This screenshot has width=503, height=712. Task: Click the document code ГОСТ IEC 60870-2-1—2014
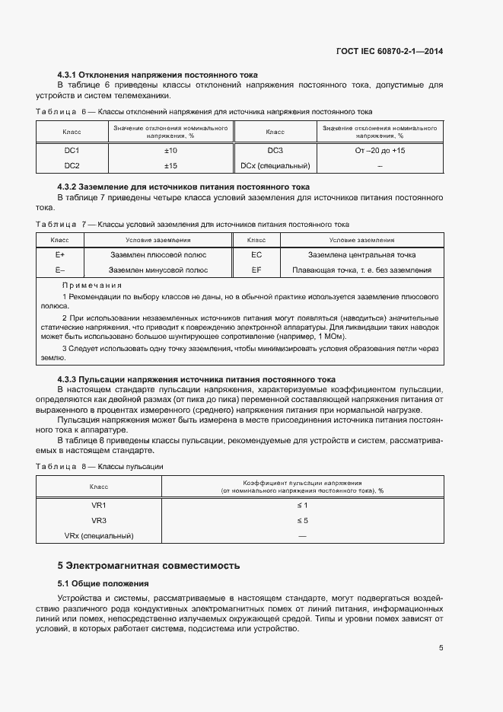pos(389,51)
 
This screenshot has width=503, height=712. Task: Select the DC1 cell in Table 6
pos(72,151)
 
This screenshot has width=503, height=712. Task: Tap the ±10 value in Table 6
pos(170,151)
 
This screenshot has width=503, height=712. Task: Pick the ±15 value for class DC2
pos(170,165)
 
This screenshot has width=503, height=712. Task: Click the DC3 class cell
pos(275,151)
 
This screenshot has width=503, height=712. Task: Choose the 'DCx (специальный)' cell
pos(275,165)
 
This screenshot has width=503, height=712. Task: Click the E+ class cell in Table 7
pos(59,255)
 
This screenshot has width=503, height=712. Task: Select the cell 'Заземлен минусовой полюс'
pos(158,270)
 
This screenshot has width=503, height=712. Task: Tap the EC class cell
pos(256,255)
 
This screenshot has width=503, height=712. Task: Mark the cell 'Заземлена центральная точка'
pos(361,255)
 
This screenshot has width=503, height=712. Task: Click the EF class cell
pos(256,270)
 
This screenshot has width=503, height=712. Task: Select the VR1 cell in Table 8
pos(99,506)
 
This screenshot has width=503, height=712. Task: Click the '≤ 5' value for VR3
pos(302,521)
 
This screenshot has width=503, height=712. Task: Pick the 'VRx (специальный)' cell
pos(99,536)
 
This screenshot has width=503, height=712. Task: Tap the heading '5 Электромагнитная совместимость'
pos(148,566)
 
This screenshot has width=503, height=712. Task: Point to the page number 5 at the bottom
pos(441,649)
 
